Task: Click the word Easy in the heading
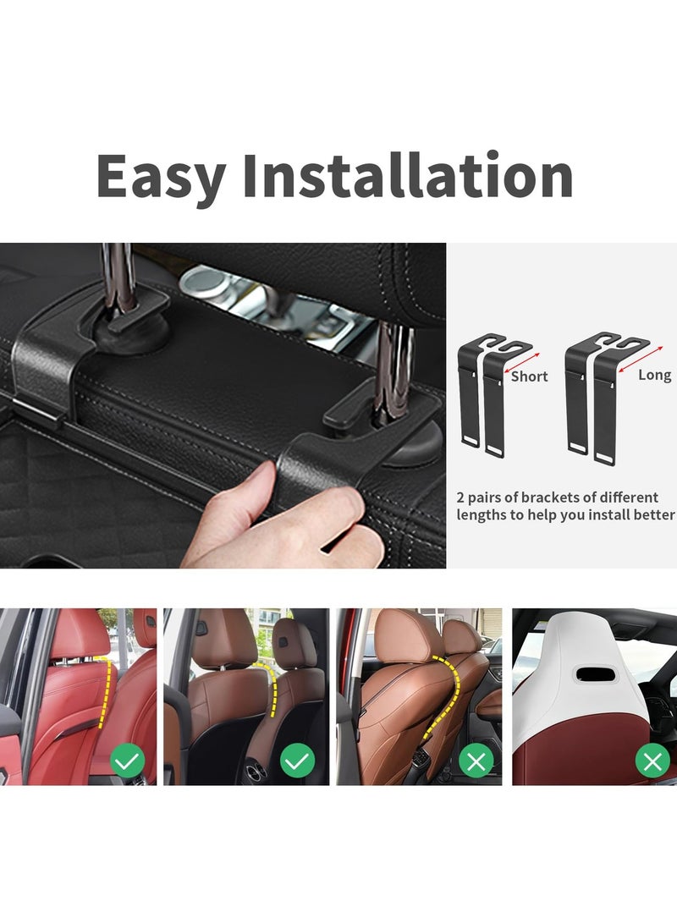click(x=161, y=176)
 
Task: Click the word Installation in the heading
click(x=408, y=176)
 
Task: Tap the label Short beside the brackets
click(x=529, y=376)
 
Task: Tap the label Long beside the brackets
click(x=654, y=375)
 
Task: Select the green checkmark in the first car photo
click(x=128, y=762)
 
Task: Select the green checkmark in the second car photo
click(x=297, y=762)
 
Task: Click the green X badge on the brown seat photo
click(x=476, y=762)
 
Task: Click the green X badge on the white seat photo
click(x=652, y=762)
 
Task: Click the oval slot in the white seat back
click(x=593, y=673)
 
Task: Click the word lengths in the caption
click(x=478, y=514)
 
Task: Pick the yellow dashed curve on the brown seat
click(x=449, y=694)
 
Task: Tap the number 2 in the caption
click(x=461, y=497)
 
